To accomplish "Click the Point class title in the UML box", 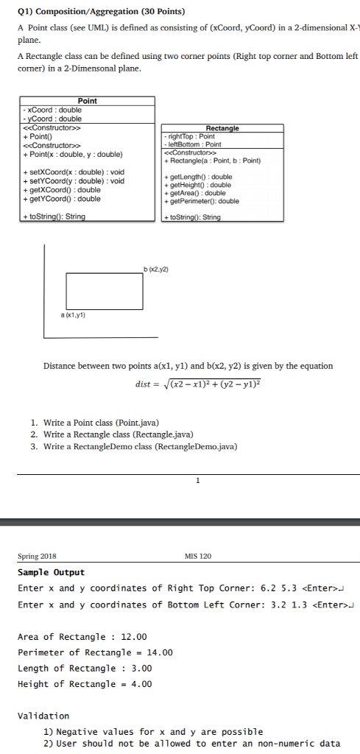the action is coord(87,101).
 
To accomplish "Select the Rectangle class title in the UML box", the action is coord(223,128).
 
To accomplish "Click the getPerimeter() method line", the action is coord(203,201).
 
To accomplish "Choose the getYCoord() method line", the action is coord(62,199).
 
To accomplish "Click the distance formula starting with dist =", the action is coord(199,384).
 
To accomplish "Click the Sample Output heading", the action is coord(52,572).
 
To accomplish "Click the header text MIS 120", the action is coord(200,556).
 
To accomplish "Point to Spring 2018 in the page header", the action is coord(37,556).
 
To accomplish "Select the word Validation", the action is coord(43,716).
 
